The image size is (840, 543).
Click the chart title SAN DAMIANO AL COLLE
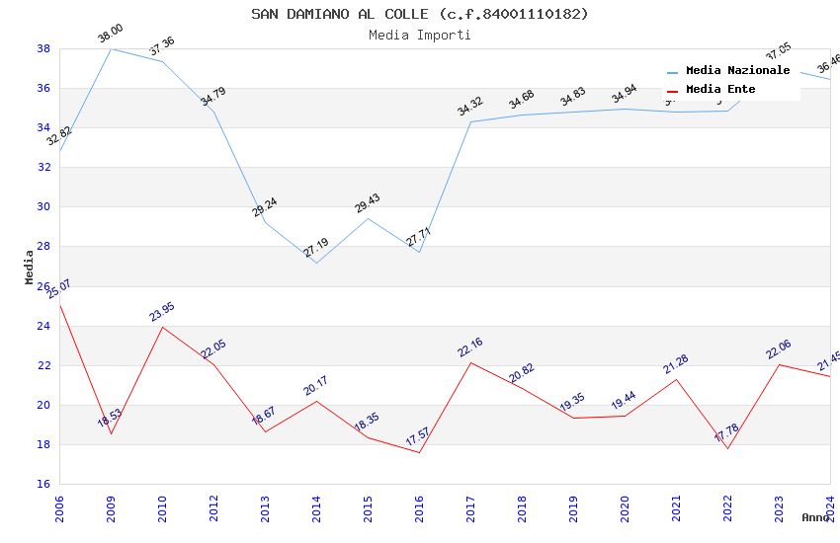coord(419,14)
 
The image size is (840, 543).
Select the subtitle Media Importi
coord(419,35)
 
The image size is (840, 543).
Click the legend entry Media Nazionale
coord(737,71)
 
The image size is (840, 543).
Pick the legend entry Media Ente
coord(720,90)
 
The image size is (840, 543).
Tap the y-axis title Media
coord(30,267)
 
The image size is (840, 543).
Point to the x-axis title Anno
coord(815,517)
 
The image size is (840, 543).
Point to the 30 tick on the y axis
coord(43,207)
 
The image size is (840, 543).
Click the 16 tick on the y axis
coord(43,485)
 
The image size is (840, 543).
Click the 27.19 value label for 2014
coord(316,248)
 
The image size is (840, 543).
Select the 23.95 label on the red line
coord(162,312)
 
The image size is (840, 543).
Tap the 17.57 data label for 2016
coord(419,437)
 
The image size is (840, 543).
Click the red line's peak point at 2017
coord(470,362)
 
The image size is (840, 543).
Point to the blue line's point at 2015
coord(368,218)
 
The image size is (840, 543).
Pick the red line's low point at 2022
coord(727,448)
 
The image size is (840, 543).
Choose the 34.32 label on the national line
coord(470,107)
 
